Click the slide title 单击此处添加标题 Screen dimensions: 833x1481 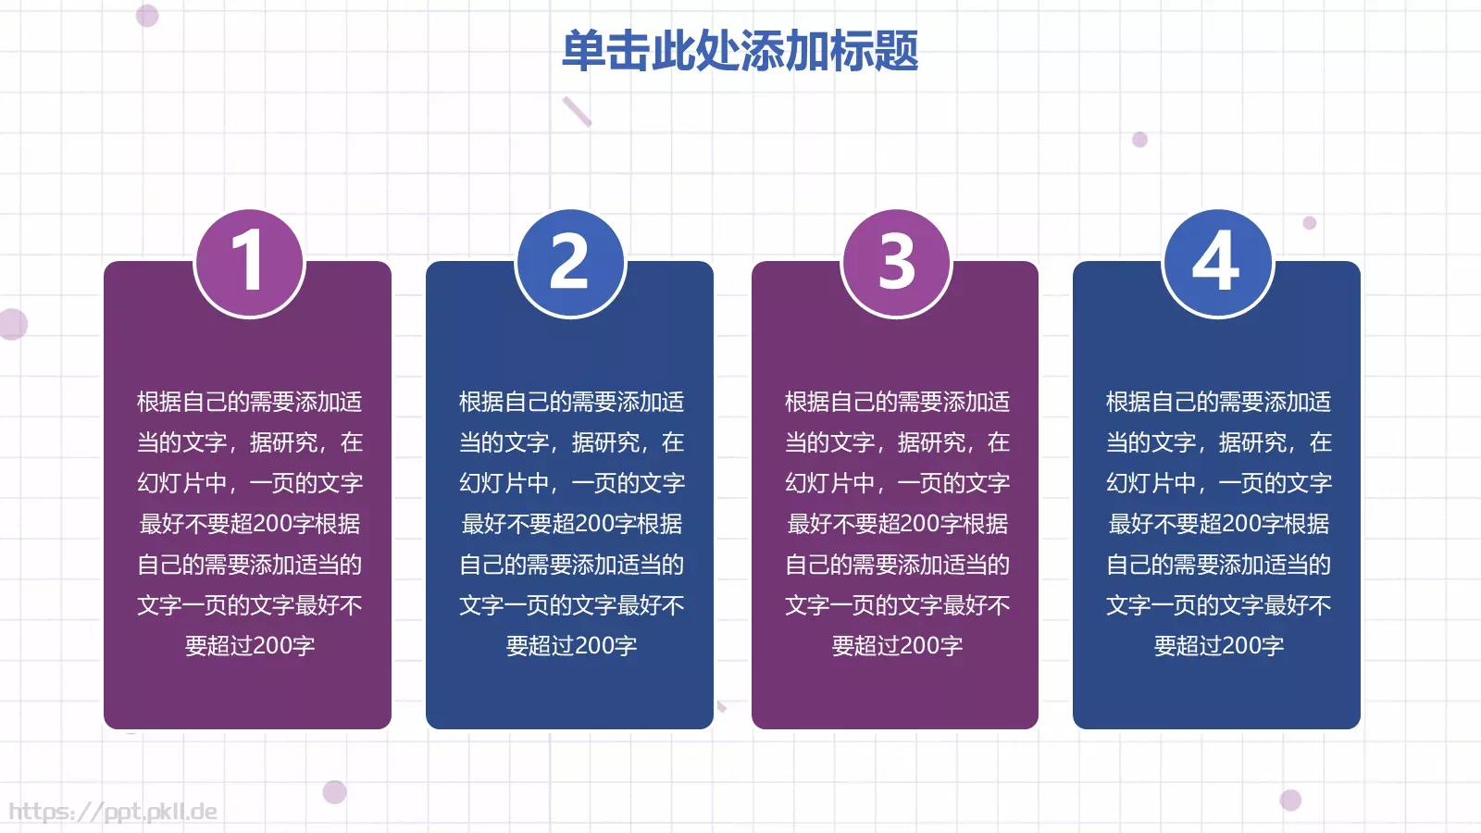pos(740,51)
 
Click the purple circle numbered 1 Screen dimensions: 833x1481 pos(249,262)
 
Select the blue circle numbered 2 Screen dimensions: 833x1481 pos(570,262)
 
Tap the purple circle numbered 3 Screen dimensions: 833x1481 pos(896,262)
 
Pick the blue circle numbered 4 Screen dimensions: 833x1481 pos(1217,262)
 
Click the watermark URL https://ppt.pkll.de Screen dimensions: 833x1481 pos(113,812)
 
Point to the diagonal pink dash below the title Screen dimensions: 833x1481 pos(577,111)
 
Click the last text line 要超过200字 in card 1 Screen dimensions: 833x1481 pos(250,645)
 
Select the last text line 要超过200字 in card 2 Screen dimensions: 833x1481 pos(571,645)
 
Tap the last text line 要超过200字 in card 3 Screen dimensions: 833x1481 pos(897,645)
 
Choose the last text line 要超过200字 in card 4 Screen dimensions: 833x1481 pos(1218,645)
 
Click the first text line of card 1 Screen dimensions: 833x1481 pos(250,402)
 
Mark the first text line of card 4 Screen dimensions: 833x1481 pos(1218,402)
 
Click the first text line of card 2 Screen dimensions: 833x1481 pos(571,402)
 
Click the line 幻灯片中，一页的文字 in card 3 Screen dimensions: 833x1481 pos(897,482)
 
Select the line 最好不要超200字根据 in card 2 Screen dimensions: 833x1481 pos(571,524)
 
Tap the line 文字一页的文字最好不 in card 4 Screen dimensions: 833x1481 pos(1218,605)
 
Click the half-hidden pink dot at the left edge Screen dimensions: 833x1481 pos(12,324)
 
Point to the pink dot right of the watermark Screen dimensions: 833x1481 pos(334,791)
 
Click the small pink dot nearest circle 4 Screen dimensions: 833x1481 pos(1309,222)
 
